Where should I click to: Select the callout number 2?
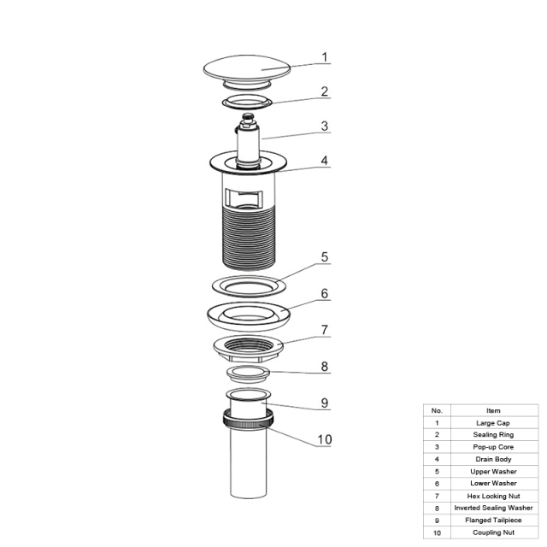pyautogui.click(x=325, y=91)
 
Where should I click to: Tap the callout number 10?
pyautogui.click(x=325, y=439)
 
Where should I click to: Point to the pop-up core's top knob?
pyautogui.click(x=247, y=117)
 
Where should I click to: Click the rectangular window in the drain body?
pyautogui.click(x=244, y=197)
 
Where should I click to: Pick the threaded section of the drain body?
pyautogui.click(x=249, y=238)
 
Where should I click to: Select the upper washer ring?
pyautogui.click(x=249, y=285)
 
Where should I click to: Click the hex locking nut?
pyautogui.click(x=248, y=348)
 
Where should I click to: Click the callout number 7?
pyautogui.click(x=325, y=330)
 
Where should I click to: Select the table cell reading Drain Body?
pyautogui.click(x=494, y=460)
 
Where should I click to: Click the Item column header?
pyautogui.click(x=494, y=410)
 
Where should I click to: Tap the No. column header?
pyautogui.click(x=437, y=410)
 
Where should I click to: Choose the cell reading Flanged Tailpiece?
pyautogui.click(x=494, y=521)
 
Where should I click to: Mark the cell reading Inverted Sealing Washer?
pyautogui.click(x=494, y=508)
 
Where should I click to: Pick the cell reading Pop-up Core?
pyautogui.click(x=494, y=447)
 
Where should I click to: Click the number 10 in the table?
pyautogui.click(x=437, y=532)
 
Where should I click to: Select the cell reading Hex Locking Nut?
pyautogui.click(x=494, y=496)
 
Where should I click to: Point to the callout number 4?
pyautogui.click(x=325, y=161)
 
